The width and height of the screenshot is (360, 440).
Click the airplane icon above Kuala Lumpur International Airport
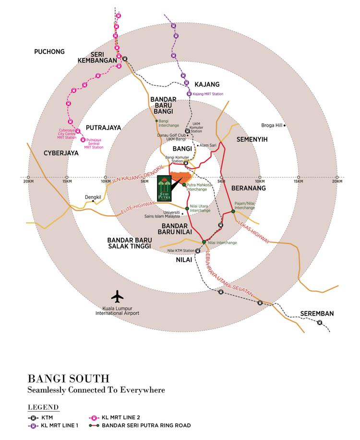tap(117, 294)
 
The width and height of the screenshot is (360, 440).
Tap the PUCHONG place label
tap(49, 51)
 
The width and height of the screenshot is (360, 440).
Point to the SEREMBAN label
tap(317, 314)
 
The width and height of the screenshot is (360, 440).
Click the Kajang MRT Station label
tap(208, 94)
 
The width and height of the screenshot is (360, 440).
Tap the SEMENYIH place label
tap(252, 139)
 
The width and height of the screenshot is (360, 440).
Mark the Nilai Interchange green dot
tap(204, 242)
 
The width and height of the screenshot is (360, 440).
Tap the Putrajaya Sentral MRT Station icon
tap(83, 140)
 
